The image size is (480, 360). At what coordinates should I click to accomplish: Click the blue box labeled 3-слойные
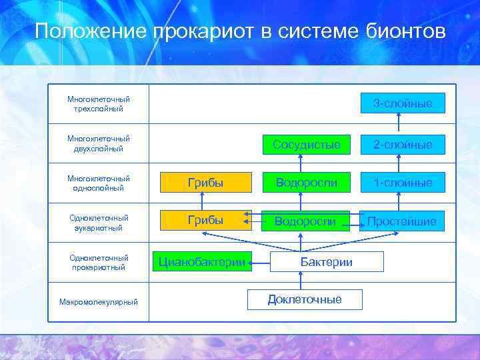click(402, 103)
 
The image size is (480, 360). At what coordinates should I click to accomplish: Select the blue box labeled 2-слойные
click(402, 144)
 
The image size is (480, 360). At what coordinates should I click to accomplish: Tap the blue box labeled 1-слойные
click(402, 182)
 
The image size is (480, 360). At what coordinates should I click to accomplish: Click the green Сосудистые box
click(306, 144)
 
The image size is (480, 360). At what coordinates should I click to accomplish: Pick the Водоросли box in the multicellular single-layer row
click(306, 182)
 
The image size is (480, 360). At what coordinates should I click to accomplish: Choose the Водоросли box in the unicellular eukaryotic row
click(306, 221)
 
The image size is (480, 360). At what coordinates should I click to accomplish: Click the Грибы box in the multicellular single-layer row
click(205, 182)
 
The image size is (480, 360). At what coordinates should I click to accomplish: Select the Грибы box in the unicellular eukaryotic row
click(205, 220)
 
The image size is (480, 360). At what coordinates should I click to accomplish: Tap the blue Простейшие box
click(402, 221)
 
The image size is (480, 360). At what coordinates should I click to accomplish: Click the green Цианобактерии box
click(203, 261)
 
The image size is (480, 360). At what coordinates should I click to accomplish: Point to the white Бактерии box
click(327, 261)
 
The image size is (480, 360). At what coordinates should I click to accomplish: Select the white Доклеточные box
click(305, 299)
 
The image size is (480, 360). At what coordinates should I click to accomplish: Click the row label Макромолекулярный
click(98, 302)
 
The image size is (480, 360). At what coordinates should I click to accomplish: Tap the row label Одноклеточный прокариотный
click(98, 262)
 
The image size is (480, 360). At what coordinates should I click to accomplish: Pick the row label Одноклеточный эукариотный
click(98, 222)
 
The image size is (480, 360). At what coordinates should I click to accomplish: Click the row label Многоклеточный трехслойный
click(98, 103)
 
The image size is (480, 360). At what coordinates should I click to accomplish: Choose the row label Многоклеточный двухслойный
click(98, 143)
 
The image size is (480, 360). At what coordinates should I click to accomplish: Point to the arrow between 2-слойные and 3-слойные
click(399, 124)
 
